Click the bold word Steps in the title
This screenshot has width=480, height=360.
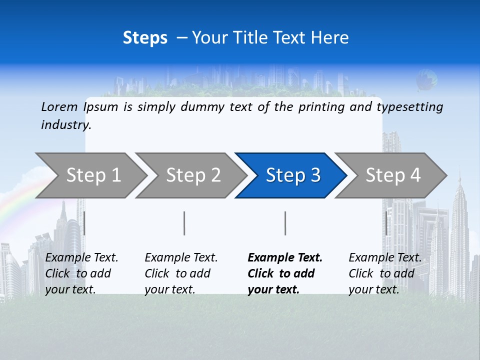[x=145, y=38]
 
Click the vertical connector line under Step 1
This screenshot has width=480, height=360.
[x=84, y=223]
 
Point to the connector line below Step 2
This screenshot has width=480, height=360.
[x=184, y=223]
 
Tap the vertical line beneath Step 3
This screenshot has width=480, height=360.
[x=285, y=223]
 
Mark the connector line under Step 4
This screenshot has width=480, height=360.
[x=386, y=223]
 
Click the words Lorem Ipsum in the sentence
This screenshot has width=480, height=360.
[x=80, y=107]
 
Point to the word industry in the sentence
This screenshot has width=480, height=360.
[x=65, y=125]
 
